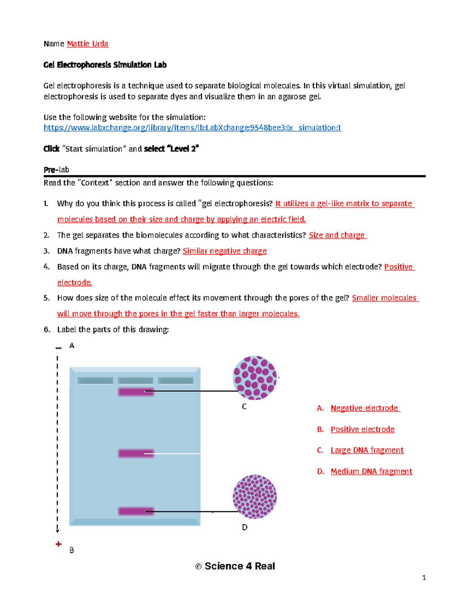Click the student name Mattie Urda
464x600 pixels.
[x=87, y=44]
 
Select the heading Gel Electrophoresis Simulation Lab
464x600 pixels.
[x=105, y=65]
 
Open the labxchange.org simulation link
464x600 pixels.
[x=192, y=128]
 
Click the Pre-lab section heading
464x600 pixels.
[x=56, y=170]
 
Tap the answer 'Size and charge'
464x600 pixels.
[x=337, y=235]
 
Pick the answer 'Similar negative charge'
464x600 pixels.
[x=225, y=251]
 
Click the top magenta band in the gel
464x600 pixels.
[x=136, y=392]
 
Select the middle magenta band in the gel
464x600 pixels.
[x=136, y=453]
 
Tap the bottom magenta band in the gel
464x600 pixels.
[x=136, y=511]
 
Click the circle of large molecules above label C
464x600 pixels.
[x=255, y=378]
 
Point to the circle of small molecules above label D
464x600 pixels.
[x=255, y=496]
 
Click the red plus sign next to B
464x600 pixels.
[x=58, y=544]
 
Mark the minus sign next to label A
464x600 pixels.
[x=58, y=348]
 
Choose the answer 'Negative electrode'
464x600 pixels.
[x=364, y=408]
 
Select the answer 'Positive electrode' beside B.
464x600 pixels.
[x=362, y=429]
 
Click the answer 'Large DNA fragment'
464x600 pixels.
[x=367, y=450]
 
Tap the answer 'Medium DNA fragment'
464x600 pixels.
[x=371, y=471]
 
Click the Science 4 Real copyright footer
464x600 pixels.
[x=235, y=566]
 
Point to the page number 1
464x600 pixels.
[x=424, y=578]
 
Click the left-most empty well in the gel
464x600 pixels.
[x=95, y=381]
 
